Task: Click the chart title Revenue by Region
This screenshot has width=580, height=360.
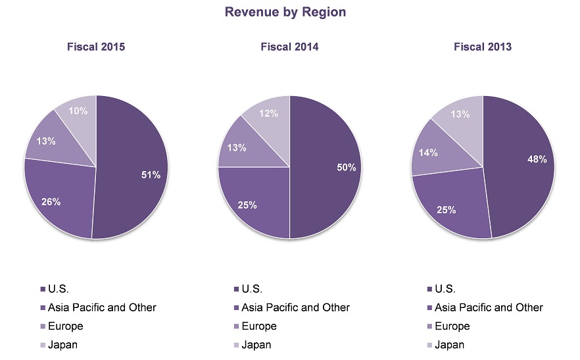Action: [x=285, y=12]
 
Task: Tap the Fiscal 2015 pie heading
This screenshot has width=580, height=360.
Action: [x=96, y=47]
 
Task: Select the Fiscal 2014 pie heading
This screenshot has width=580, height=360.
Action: [x=289, y=47]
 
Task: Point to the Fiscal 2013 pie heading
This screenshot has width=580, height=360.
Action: [x=483, y=47]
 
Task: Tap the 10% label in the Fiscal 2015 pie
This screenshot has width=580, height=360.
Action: [x=78, y=111]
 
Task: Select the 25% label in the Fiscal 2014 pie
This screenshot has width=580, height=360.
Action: [x=247, y=205]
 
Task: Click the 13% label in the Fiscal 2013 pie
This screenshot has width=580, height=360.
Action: [x=460, y=115]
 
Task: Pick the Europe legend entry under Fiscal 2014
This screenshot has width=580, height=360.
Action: [x=259, y=326]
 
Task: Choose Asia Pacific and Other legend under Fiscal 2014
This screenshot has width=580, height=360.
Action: [x=295, y=307]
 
